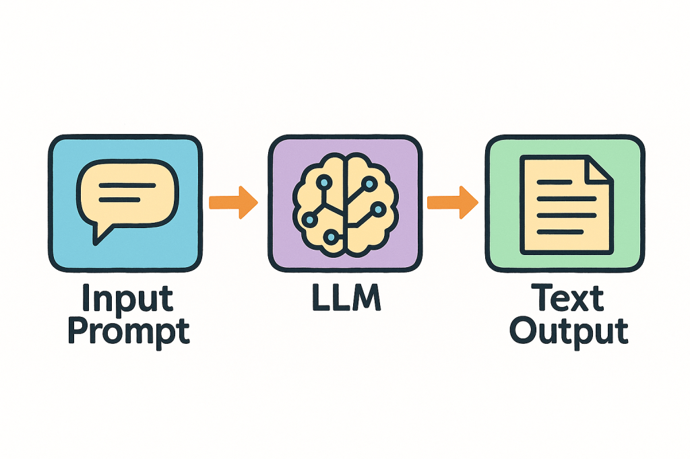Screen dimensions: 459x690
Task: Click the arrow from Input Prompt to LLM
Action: (233, 202)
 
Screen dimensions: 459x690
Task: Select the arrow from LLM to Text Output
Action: (452, 202)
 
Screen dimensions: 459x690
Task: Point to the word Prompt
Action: (129, 330)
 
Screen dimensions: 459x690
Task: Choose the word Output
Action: (569, 330)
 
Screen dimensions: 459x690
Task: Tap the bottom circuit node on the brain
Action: (331, 236)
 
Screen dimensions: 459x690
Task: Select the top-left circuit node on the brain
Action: (324, 182)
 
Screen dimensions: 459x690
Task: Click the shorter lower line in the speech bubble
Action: (120, 200)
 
